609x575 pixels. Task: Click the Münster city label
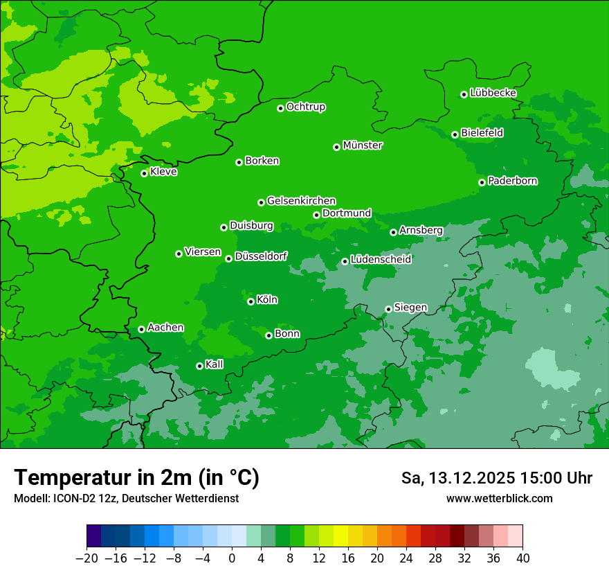363,145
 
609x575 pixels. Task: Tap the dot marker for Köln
251,301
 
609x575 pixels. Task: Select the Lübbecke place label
493,93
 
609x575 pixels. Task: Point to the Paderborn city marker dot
482,182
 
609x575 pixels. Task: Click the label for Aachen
165,328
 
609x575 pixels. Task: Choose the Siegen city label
410,308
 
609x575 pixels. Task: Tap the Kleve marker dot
144,173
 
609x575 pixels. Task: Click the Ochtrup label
306,107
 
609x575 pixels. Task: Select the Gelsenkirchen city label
301,201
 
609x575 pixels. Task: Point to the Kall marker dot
199,366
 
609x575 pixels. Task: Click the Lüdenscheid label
381,260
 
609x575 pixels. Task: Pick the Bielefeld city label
482,133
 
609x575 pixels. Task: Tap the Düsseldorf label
261,257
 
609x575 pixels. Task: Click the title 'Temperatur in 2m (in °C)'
136,477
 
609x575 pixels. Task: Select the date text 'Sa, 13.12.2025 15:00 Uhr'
496,478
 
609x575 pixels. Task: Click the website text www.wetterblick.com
499,498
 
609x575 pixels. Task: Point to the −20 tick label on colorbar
87,558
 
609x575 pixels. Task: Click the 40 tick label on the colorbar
522,558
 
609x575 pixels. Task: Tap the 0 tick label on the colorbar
232,558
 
